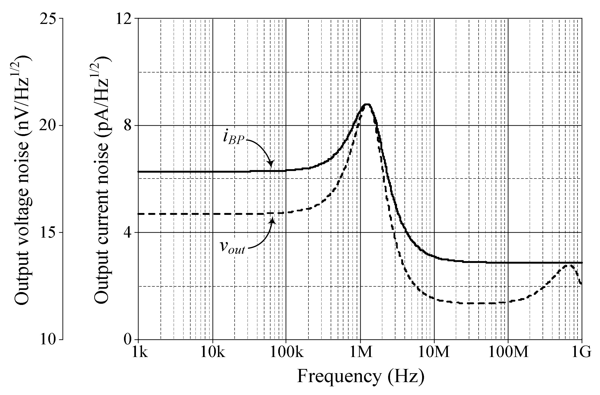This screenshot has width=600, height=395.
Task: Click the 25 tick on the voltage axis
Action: coord(48,19)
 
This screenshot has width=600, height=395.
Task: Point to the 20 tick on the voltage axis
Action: coord(48,126)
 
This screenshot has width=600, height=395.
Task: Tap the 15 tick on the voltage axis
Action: coord(48,232)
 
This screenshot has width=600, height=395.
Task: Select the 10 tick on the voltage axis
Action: coord(48,339)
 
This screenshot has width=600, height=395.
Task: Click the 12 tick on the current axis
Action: coord(124,19)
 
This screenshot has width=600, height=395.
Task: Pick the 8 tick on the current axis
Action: coord(128,126)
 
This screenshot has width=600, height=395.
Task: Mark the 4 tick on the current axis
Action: coord(128,232)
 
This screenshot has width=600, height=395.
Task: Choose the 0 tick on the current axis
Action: coord(128,339)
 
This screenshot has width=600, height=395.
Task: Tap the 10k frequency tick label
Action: coord(213,352)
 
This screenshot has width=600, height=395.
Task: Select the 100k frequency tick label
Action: coord(287,352)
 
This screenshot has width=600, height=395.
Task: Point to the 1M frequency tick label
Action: coord(361,352)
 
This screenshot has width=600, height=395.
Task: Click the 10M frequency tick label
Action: coord(434,352)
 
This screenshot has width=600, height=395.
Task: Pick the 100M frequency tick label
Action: coord(508,352)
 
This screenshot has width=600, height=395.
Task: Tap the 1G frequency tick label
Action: coord(581,352)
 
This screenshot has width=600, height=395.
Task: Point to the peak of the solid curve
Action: coord(367,104)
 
